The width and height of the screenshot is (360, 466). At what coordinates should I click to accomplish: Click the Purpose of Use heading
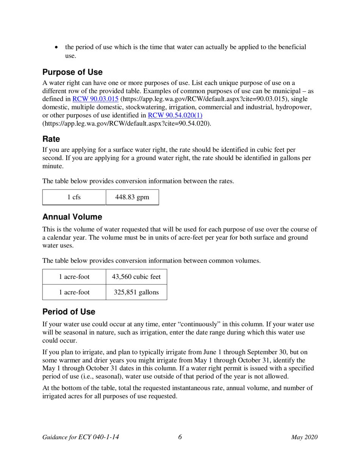[72, 72]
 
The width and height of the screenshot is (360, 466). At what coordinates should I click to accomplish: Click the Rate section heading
[51, 139]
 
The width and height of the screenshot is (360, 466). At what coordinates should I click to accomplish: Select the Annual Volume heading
[72, 217]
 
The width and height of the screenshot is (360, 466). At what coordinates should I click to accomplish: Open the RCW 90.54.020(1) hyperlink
[175, 116]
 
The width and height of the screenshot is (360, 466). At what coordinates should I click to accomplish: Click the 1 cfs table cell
[74, 197]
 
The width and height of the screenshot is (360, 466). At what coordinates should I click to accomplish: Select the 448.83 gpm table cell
[132, 197]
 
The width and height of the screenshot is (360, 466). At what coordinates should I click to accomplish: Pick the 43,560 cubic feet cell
[136, 277]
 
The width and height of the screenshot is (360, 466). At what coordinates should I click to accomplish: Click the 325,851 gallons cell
[136, 292]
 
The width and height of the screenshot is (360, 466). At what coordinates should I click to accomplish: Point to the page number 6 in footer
[180, 437]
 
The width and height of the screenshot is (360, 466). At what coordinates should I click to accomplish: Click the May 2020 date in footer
[304, 438]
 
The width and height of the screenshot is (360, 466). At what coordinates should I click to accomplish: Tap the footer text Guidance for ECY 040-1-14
[81, 438]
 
